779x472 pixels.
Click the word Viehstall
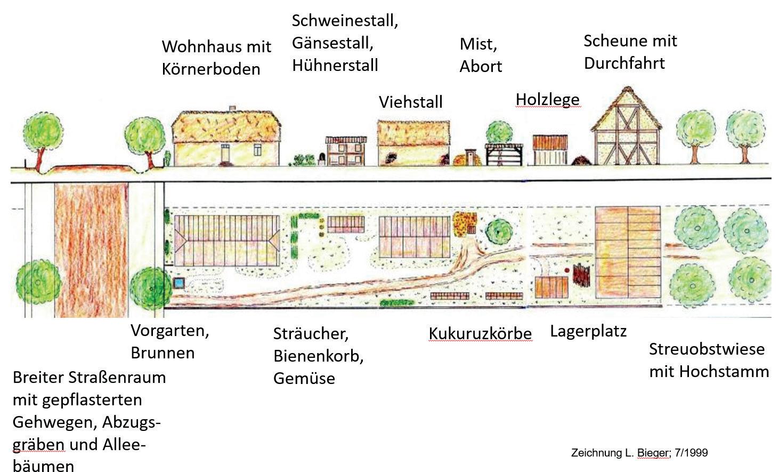(410, 102)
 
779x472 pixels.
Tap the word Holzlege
(547, 100)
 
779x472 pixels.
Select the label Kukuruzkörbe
(480, 334)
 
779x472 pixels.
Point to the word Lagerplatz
(588, 331)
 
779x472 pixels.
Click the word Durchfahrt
(624, 63)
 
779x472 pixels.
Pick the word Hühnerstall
(335, 65)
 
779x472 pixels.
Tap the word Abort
(481, 67)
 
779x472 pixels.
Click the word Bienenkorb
(318, 356)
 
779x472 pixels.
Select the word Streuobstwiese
(707, 349)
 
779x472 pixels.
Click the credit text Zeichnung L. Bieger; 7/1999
(639, 453)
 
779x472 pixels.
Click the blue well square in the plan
(178, 282)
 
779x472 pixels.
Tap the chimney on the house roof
(232, 108)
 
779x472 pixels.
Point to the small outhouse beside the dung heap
(470, 157)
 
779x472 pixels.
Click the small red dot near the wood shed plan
(567, 270)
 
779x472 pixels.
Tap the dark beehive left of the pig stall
(321, 157)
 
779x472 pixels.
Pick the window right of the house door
(258, 150)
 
